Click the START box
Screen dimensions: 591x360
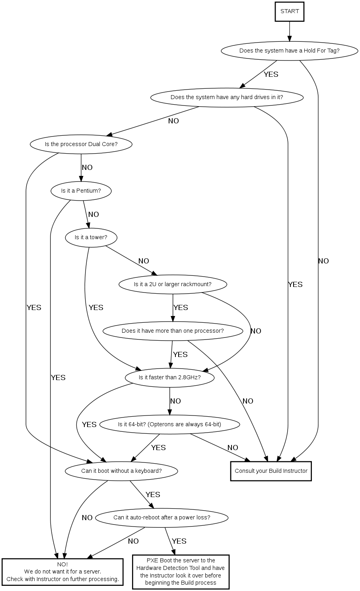pos(290,12)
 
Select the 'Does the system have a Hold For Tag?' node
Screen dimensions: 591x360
pos(289,51)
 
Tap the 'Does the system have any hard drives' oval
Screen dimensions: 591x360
pos(227,98)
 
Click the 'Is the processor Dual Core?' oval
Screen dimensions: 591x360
pos(81,144)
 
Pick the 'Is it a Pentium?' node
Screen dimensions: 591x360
pos(81,191)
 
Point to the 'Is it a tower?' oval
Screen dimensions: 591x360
pos(91,238)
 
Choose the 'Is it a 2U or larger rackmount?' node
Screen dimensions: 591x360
pos(173,285)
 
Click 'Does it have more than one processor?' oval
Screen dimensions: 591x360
pos(173,331)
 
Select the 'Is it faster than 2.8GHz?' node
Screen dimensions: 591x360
pos(169,378)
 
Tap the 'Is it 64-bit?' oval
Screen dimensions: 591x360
pos(169,424)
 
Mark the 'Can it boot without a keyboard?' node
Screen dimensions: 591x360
pos(121,471)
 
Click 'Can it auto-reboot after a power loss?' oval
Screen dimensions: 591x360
pos(162,518)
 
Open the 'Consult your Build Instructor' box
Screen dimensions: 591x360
pos(271,471)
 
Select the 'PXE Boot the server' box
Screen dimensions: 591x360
pos(181,571)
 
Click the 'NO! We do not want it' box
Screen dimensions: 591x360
pos(62,572)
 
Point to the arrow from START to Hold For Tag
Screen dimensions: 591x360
pos(290,31)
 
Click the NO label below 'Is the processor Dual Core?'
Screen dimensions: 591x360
pos(87,168)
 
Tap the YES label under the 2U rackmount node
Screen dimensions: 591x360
pos(181,308)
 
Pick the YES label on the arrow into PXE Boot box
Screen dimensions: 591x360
pos(179,541)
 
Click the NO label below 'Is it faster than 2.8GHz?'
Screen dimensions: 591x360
pos(175,401)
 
